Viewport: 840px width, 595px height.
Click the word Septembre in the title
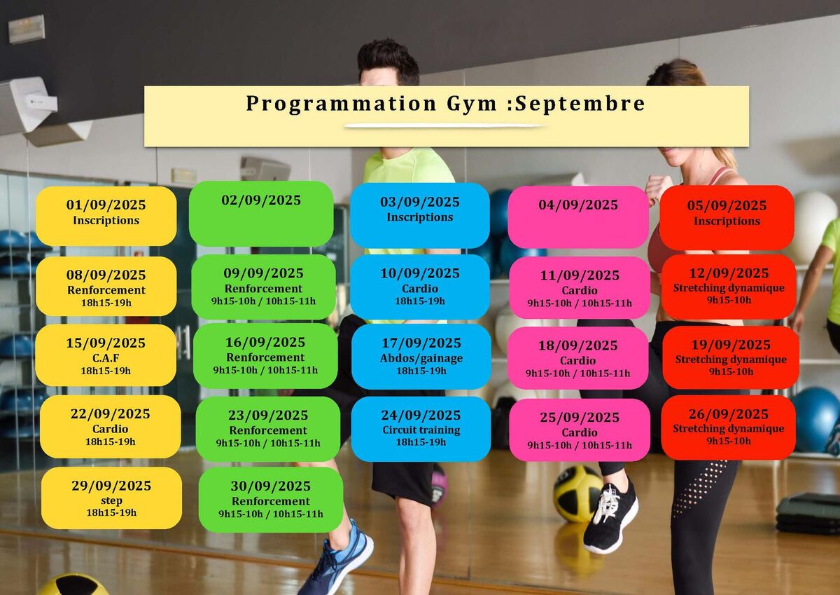coord(580,103)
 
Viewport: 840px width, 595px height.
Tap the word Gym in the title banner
coord(471,104)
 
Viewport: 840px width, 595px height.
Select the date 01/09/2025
coord(106,205)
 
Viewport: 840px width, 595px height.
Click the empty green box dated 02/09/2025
coord(261,214)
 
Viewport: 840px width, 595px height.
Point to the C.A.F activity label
coord(106,357)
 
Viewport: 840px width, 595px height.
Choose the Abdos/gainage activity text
coord(421,358)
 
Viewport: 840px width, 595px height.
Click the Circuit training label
coord(421,430)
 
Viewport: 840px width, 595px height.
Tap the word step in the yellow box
coord(111,501)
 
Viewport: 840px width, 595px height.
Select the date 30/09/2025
coord(270,486)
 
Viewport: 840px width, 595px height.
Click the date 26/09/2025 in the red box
coord(728,414)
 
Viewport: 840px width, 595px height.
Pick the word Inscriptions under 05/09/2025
coord(727,221)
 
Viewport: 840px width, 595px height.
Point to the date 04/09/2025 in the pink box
coord(578,205)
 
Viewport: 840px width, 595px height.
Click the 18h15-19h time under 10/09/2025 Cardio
coord(419,301)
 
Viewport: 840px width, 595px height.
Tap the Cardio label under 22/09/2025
coord(111,429)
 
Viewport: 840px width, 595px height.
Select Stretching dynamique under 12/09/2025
coord(729,288)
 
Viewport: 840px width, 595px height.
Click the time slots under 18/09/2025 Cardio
coord(577,374)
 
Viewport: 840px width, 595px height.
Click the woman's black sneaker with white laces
coord(610,518)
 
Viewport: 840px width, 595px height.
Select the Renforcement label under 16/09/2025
coord(265,357)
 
